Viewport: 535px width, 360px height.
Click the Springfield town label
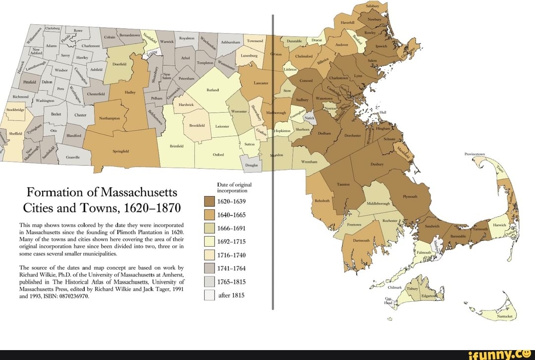point(121,152)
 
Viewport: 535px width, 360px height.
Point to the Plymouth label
point(410,196)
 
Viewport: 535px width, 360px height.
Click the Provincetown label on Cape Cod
point(475,154)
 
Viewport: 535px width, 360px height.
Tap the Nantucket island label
point(506,315)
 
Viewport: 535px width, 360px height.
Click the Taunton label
point(343,184)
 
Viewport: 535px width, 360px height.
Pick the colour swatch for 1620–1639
point(210,202)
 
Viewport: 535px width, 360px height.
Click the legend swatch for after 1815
point(210,296)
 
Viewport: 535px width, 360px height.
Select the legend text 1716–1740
point(232,256)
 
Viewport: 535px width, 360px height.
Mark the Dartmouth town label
point(361,240)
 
